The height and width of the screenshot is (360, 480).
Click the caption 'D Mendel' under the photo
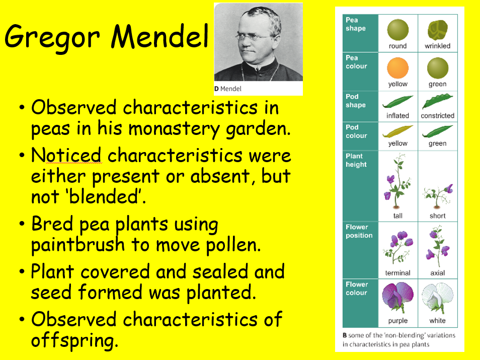(x=228, y=89)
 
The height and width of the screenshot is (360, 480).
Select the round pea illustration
(x=397, y=30)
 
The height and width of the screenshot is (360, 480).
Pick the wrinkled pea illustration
(x=437, y=31)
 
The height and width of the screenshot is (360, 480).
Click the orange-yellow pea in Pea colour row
(x=397, y=68)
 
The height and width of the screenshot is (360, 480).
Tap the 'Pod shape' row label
(x=356, y=101)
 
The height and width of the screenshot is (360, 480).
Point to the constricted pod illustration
(x=437, y=102)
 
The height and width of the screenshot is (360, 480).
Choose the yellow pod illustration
(x=397, y=132)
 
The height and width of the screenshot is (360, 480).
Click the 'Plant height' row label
(x=356, y=160)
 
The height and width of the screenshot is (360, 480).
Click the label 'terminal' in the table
(x=397, y=273)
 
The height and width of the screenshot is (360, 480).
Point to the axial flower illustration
(x=437, y=247)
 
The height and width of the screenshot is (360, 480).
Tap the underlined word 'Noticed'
(x=66, y=156)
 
